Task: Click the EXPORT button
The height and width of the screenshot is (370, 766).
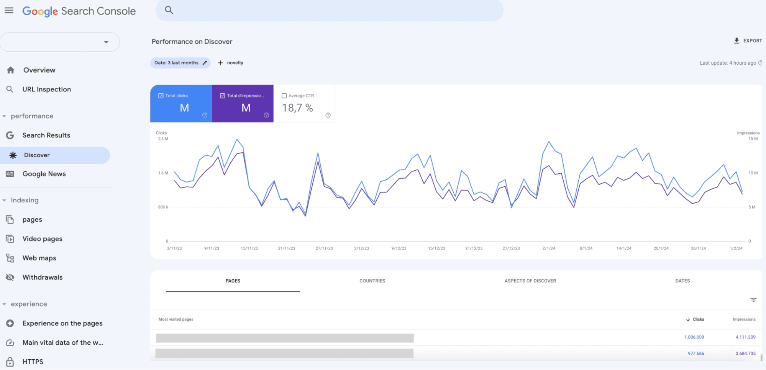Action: click(x=748, y=41)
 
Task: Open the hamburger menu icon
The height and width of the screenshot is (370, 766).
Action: click(x=9, y=10)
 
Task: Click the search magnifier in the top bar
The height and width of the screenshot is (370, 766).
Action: click(x=169, y=10)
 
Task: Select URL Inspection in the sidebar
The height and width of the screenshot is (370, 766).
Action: click(x=46, y=89)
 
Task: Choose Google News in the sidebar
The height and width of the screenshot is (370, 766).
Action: click(x=44, y=174)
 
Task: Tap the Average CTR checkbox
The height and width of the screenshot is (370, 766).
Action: click(x=284, y=96)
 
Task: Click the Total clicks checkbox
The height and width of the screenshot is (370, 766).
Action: click(x=161, y=96)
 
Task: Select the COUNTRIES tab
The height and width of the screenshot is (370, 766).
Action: click(x=372, y=281)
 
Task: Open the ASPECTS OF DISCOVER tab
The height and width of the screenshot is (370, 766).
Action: click(x=530, y=281)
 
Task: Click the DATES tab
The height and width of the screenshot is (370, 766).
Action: click(x=682, y=281)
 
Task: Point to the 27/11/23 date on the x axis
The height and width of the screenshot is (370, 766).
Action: click(x=324, y=248)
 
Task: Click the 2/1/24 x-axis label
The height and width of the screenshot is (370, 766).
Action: click(x=549, y=248)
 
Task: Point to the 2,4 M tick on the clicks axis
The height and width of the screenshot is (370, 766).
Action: click(x=163, y=139)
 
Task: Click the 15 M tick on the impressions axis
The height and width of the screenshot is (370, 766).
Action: click(x=753, y=139)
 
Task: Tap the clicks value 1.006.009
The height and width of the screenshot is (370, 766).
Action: click(x=694, y=337)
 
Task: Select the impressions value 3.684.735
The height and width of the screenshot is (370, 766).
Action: click(x=745, y=354)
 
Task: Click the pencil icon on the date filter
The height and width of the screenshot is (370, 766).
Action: click(x=205, y=63)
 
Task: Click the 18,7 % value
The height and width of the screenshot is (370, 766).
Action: click(x=297, y=108)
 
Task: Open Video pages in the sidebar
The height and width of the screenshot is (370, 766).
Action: click(x=42, y=239)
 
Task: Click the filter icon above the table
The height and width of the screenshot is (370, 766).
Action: click(x=753, y=300)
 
